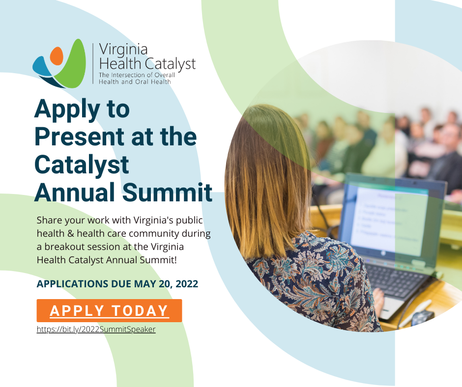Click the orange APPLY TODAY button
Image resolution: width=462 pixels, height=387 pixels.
click(x=109, y=310)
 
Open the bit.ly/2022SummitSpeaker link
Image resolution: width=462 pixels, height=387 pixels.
click(x=96, y=330)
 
